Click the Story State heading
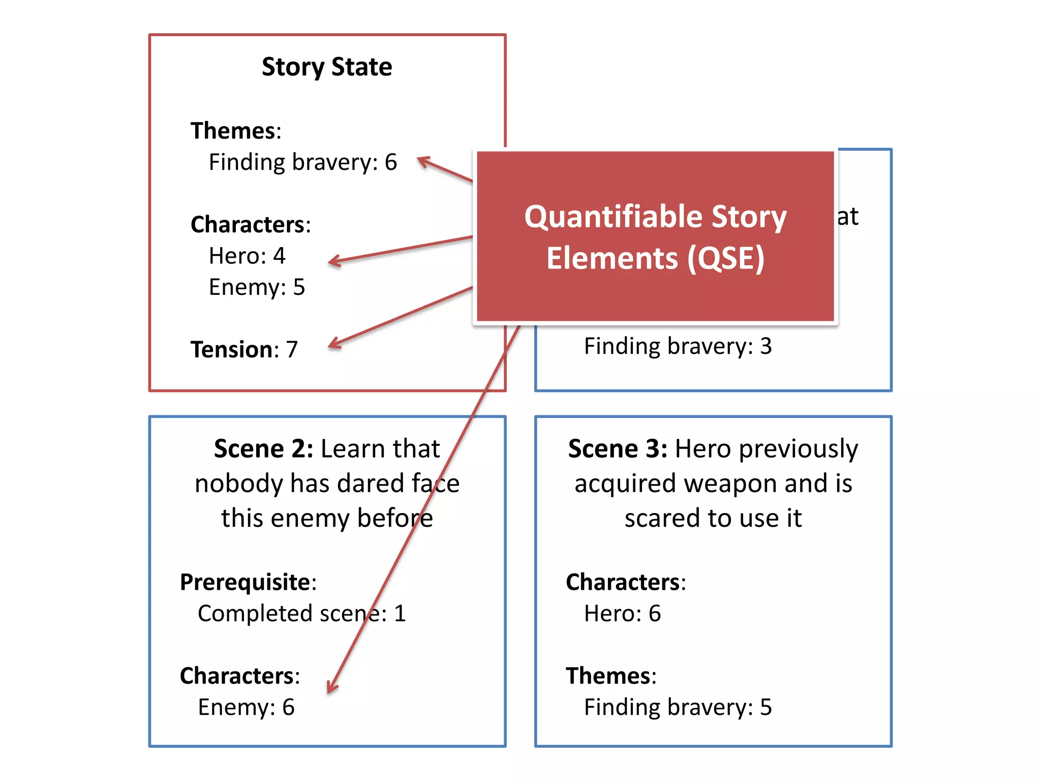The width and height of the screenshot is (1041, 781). pos(327,67)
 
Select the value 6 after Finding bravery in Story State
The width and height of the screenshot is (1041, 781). pos(391,162)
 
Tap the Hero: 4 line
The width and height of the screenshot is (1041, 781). pos(247,256)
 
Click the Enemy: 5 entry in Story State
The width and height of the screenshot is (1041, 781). pos(257,287)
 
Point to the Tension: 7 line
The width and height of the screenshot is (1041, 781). pos(244,350)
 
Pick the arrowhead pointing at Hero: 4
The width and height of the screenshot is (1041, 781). pos(334,262)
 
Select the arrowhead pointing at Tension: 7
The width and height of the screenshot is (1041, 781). pos(334,344)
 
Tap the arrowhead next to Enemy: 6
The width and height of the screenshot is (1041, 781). pos(331,687)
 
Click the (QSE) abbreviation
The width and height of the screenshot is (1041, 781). pos(726,258)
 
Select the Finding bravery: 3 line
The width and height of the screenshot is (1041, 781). pos(678,346)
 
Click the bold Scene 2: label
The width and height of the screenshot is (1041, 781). pos(263,449)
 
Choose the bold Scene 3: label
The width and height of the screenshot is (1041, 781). pos(618,449)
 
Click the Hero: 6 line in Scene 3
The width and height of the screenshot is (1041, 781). pos(622,614)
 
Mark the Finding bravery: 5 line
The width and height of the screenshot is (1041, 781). pos(678,707)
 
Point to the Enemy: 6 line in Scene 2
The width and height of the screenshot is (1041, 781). pos(246,707)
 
